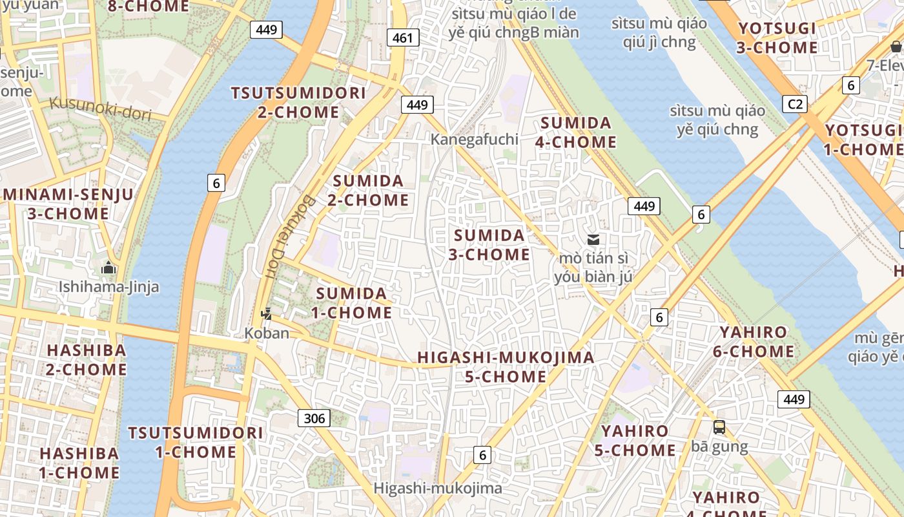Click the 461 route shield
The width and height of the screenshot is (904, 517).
click(402, 38)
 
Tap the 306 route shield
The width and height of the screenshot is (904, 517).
click(314, 418)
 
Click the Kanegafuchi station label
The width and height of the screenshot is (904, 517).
click(475, 139)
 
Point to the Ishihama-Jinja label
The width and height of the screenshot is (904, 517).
click(108, 286)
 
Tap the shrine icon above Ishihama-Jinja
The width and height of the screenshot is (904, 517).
click(108, 268)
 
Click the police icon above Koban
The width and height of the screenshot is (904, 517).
click(266, 315)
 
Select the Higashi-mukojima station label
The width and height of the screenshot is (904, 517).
click(438, 488)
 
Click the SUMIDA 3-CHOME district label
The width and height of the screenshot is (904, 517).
click(489, 245)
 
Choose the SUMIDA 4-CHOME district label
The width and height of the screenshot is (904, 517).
click(576, 132)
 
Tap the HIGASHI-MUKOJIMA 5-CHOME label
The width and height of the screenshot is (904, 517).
click(506, 367)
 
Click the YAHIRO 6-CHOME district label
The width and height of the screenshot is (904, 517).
click(754, 342)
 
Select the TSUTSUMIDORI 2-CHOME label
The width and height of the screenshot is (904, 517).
click(298, 102)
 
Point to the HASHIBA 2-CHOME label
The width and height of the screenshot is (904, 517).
click(87, 360)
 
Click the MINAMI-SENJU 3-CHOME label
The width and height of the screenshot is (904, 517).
click(68, 204)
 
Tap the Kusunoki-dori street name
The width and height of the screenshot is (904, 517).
click(100, 109)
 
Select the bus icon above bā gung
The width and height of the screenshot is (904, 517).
click(719, 427)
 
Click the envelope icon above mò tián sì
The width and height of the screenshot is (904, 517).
click(593, 240)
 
